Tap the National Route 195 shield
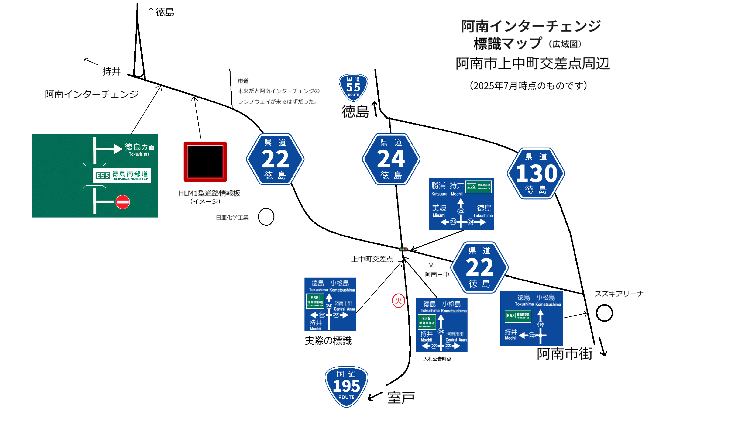(346, 387)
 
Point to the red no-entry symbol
(122, 202)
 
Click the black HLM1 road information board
(205, 162)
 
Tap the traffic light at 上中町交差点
(403, 249)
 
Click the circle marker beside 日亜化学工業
(266, 217)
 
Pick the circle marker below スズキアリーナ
(604, 313)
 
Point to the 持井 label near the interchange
(111, 71)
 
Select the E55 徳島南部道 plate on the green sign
(122, 175)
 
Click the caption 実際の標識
(328, 341)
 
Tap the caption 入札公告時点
(437, 359)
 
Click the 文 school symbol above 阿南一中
(431, 264)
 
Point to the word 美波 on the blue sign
(439, 208)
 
